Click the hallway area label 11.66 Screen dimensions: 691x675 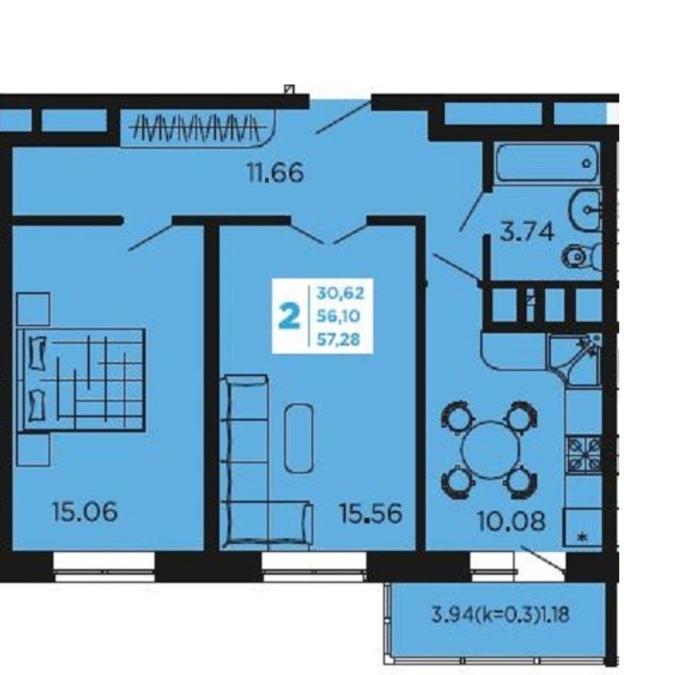pyautogui.click(x=276, y=172)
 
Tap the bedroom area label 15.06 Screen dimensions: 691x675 pyautogui.click(x=84, y=512)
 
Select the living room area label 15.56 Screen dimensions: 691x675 pyautogui.click(x=371, y=513)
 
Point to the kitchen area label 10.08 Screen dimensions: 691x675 pyautogui.click(x=511, y=521)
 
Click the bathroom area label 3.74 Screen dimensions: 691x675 pyautogui.click(x=527, y=232)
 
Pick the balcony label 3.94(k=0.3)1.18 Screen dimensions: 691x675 pyautogui.click(x=500, y=614)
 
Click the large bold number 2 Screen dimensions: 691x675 pyautogui.click(x=290, y=316)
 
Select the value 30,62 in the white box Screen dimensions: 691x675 pyautogui.click(x=340, y=293)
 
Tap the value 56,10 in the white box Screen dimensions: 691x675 pyautogui.click(x=338, y=316)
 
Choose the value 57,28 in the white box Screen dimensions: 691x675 pyautogui.click(x=338, y=340)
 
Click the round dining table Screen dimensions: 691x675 pyautogui.click(x=490, y=450)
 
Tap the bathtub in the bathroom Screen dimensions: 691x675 pyautogui.click(x=546, y=162)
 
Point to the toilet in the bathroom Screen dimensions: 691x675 pyautogui.click(x=582, y=257)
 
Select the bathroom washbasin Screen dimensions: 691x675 pyautogui.click(x=586, y=210)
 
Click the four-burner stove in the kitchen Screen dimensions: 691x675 pyautogui.click(x=584, y=454)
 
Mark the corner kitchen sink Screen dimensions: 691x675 pyautogui.click(x=575, y=357)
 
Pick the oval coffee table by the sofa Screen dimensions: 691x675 pyautogui.click(x=299, y=438)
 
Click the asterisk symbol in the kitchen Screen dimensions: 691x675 pyautogui.click(x=583, y=537)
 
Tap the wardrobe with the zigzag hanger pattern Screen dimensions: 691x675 pyautogui.click(x=197, y=127)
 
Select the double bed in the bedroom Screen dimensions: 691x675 pyautogui.click(x=81, y=380)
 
